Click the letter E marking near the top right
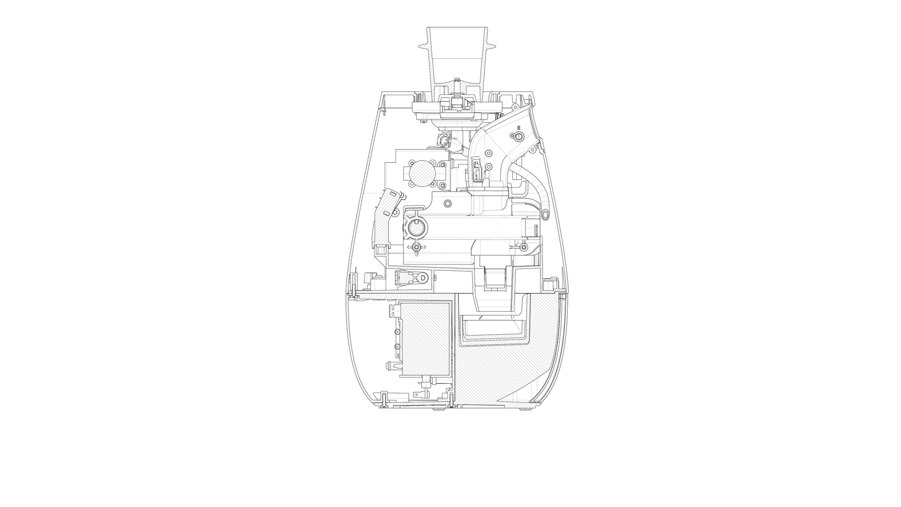[519, 128]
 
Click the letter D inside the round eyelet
[424, 278]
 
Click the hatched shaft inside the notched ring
[415, 228]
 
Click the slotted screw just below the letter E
[518, 136]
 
